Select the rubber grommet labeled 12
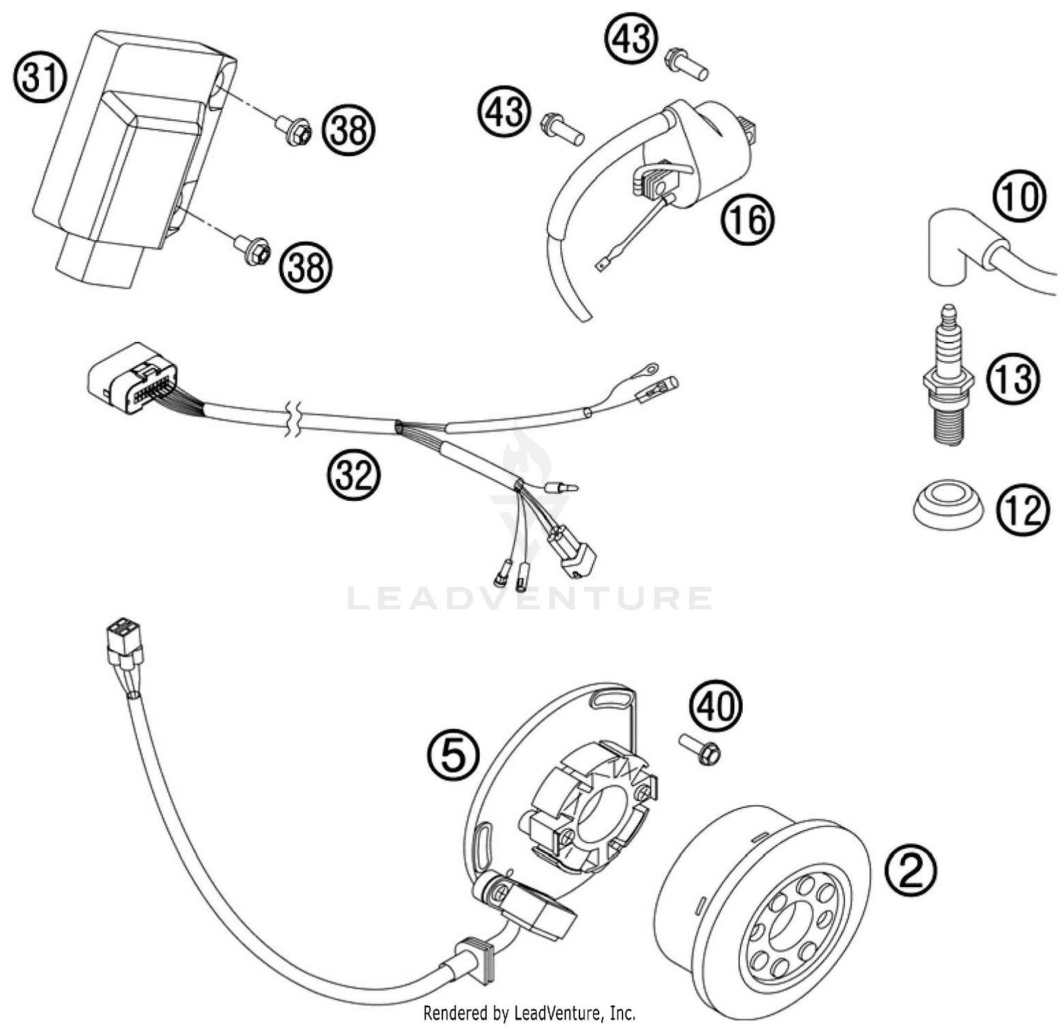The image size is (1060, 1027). (946, 504)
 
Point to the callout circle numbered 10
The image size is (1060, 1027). (1018, 196)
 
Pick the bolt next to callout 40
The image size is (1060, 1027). (700, 750)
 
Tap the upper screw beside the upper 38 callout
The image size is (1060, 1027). (294, 131)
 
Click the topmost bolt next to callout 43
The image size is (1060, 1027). (685, 63)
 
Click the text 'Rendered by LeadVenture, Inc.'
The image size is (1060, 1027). (529, 1013)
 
